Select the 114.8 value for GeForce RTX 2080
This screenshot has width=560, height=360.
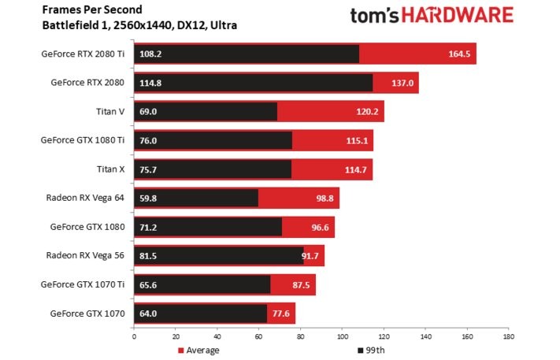150,82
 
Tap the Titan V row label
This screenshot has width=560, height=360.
110,112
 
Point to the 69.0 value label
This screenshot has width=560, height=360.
148,112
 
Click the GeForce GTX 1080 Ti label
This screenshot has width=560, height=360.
83,140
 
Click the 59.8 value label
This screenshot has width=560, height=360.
148,198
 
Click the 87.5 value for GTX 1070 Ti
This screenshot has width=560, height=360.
302,284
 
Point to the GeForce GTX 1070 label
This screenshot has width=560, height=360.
87,313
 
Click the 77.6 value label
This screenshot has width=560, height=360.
281,313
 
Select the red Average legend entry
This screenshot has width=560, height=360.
198,350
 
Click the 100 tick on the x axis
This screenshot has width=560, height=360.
341,337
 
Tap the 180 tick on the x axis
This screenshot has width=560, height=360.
508,337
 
